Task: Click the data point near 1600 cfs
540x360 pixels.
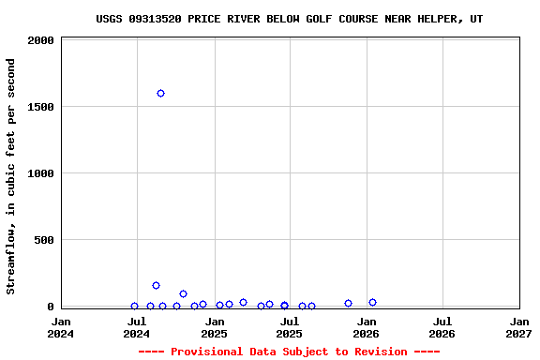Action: tap(160, 94)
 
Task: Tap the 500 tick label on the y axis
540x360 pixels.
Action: tap(44, 241)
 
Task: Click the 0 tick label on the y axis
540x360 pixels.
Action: tap(51, 307)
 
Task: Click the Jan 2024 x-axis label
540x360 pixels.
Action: tap(61, 327)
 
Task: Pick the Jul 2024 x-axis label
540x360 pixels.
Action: tap(137, 327)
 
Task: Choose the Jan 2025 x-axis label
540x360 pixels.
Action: tap(214, 327)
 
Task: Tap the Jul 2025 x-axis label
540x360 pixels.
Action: tap(290, 327)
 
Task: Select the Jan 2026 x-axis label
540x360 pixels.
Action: tap(366, 327)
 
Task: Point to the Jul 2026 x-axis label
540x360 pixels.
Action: tap(442, 327)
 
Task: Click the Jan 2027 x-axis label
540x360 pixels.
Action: tap(518, 327)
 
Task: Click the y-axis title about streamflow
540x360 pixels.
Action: tap(11, 176)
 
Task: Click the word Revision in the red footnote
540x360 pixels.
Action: tap(381, 352)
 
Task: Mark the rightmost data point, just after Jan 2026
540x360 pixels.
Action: tap(372, 303)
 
